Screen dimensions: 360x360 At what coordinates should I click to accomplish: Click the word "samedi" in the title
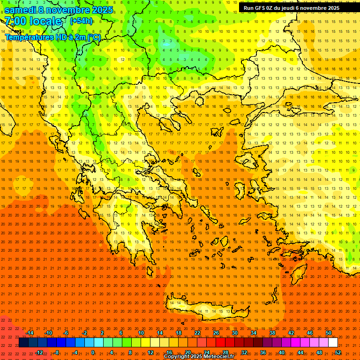20,10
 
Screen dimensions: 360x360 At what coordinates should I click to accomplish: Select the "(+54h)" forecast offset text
81,21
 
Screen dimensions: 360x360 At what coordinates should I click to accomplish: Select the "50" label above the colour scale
329,333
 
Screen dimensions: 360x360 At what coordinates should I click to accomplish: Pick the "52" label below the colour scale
338,352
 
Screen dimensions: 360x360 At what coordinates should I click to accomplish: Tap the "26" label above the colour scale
216,333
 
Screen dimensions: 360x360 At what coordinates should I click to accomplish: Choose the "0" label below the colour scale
93,352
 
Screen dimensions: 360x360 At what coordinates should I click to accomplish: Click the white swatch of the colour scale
333,343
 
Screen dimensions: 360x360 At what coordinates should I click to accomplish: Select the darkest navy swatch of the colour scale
23,343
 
